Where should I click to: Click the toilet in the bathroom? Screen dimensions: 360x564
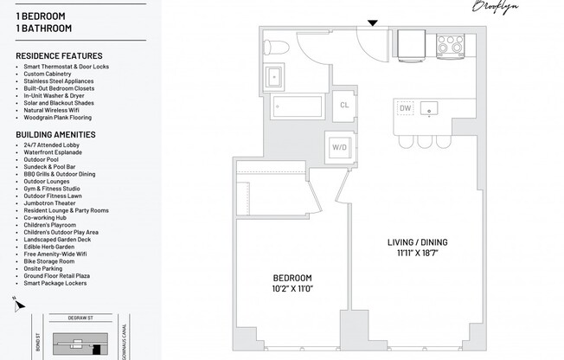pos(272,47)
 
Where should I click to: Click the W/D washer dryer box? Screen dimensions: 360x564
pos(339,147)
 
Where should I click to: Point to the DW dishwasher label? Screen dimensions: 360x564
pos(405,108)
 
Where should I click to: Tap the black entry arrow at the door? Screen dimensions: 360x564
pos(373,22)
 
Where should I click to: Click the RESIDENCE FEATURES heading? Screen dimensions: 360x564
pos(59,56)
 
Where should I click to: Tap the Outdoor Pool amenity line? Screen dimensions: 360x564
pos(43,159)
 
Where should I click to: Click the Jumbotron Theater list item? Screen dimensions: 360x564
pos(51,202)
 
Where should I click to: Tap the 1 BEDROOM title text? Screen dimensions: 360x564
pos(42,16)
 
